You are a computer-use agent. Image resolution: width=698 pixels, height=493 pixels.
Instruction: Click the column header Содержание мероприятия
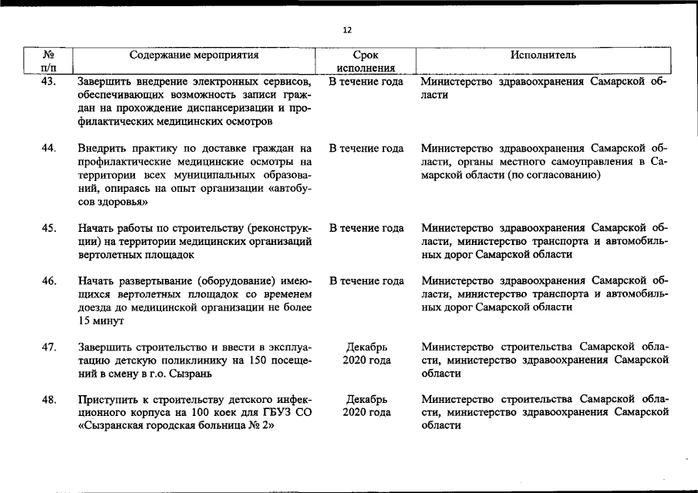tap(194, 55)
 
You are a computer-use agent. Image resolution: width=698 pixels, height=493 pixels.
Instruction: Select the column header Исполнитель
tap(543, 55)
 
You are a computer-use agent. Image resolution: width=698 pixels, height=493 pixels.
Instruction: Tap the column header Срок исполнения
tap(366, 62)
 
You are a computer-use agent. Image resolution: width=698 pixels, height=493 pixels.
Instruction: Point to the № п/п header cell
tap(49, 62)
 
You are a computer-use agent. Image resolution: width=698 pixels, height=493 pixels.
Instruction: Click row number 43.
tap(49, 82)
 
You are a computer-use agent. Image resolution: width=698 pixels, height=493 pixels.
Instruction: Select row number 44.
tap(49, 148)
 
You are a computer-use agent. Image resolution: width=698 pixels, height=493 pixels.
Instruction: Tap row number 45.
tap(49, 228)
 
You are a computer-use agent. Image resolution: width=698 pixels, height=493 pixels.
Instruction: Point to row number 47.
tap(49, 347)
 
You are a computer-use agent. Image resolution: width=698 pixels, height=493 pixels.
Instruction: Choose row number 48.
tap(49, 399)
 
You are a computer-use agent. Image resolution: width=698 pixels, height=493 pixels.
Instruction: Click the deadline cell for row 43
tap(366, 82)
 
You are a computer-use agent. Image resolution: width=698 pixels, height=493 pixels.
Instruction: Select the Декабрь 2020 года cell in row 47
tap(366, 354)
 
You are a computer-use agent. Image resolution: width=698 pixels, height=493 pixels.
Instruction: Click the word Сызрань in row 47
tap(189, 374)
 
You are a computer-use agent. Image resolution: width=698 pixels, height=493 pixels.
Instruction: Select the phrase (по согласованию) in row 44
tap(553, 175)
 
